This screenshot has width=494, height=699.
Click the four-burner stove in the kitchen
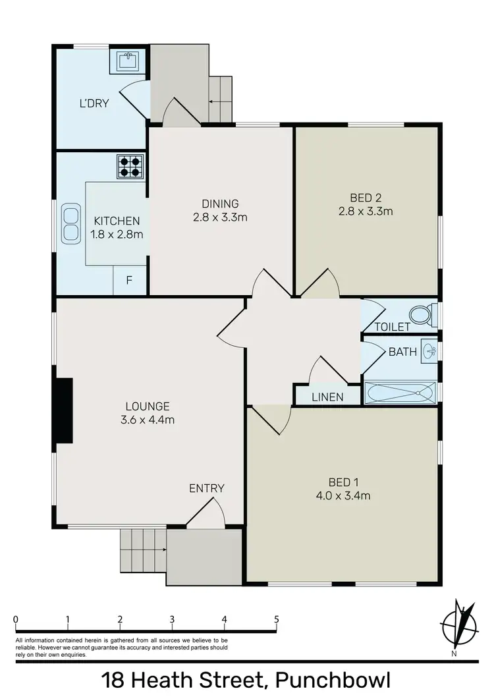tap(130, 166)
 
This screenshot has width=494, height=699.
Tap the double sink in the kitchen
tap(70, 224)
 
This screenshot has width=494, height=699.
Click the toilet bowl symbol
tap(422, 315)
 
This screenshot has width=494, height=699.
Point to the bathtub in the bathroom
tap(400, 394)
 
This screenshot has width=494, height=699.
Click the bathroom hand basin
tap(429, 350)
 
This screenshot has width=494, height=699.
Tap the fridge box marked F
tap(130, 281)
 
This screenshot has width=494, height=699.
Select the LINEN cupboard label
tap(327, 397)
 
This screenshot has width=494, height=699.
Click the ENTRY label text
tap(207, 488)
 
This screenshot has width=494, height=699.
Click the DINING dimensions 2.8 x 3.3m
tap(221, 217)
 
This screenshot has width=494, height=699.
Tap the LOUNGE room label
tap(148, 406)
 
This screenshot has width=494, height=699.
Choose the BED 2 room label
tap(366, 197)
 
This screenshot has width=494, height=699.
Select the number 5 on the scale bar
tap(277, 619)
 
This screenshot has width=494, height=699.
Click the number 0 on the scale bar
tap(15, 619)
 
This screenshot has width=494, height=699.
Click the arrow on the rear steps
tap(215, 102)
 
